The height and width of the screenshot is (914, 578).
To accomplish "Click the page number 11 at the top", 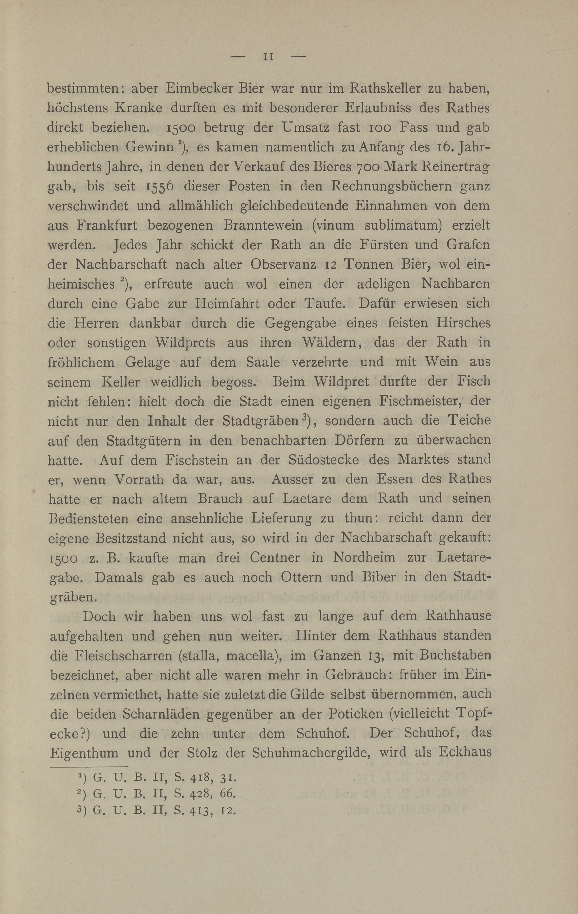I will (269, 57).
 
